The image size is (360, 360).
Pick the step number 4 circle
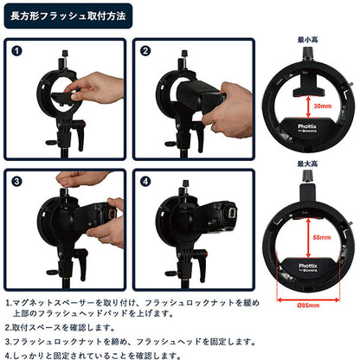145,183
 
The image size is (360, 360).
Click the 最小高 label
308,40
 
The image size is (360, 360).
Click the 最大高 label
308,162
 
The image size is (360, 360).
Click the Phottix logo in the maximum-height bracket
308,267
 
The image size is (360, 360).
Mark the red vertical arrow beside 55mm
308,235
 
